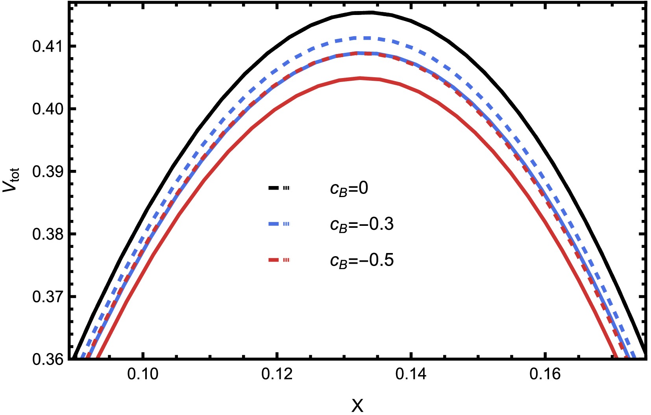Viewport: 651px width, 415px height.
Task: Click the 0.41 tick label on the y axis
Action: click(x=48, y=47)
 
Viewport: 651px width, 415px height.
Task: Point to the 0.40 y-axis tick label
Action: click(x=48, y=109)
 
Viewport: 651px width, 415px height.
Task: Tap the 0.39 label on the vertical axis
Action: click(x=48, y=172)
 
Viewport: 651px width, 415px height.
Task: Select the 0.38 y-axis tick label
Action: click(x=48, y=234)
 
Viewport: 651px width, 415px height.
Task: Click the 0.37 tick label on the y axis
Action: click(x=48, y=297)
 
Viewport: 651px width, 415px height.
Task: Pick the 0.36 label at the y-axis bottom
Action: click(x=48, y=359)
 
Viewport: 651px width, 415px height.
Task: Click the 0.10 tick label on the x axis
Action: click(x=143, y=374)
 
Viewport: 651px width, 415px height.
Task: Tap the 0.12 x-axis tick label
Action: click(x=277, y=374)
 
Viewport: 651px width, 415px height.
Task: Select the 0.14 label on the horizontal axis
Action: click(x=411, y=374)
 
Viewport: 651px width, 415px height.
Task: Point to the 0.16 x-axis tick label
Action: click(x=545, y=374)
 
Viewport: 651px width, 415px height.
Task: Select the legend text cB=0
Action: click(x=349, y=188)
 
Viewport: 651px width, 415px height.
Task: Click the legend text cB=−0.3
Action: click(x=362, y=225)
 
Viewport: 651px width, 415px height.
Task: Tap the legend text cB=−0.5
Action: click(x=362, y=261)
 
